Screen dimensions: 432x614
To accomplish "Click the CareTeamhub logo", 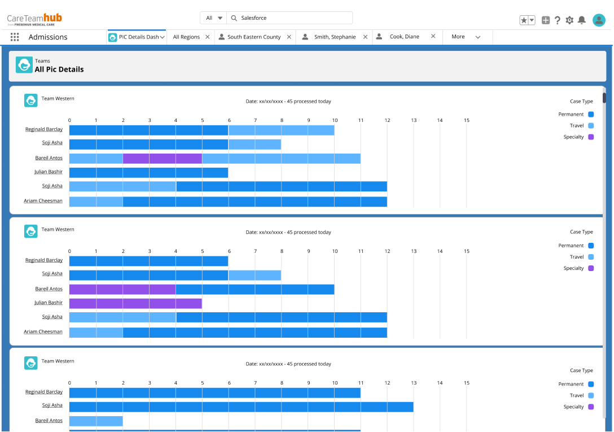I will tap(34, 19).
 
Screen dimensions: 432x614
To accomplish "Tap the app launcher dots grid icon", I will tap(15, 37).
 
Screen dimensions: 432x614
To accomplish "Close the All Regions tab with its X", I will tap(208, 37).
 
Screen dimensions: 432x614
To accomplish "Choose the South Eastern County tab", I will tap(253, 37).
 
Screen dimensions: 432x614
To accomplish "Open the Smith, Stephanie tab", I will tap(334, 37).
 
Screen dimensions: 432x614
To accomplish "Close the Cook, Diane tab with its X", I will tap(433, 37).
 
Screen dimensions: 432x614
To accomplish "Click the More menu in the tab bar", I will tap(465, 37).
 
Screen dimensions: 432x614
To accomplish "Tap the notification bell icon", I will tap(582, 20).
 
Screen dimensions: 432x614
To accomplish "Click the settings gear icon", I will tap(569, 20).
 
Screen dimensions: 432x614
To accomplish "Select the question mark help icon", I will tap(558, 20).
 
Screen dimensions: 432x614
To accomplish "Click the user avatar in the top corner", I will tap(599, 20).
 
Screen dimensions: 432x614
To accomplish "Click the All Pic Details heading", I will tap(59, 69).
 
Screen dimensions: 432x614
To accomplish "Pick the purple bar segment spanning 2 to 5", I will tap(163, 158).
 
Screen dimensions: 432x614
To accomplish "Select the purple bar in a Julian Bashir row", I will tap(135, 303).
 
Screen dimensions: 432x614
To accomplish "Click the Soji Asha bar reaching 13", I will tap(241, 407).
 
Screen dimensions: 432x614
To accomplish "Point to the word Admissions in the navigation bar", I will tap(48, 37).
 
